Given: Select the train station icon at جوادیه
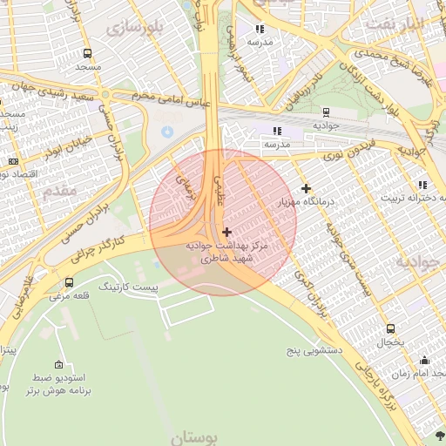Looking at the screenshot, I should pos(326,112).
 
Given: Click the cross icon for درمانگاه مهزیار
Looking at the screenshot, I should pos(306,188).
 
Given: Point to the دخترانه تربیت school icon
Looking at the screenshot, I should pos(422,185).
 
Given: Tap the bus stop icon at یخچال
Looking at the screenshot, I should pos(390,329).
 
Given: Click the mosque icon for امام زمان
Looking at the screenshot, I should pos(425,361).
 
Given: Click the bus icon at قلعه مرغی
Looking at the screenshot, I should pos(70,282).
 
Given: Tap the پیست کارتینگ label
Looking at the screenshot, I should pos(128,286).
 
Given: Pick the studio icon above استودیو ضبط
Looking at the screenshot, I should pos(58,364).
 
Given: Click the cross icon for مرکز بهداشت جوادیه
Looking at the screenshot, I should pos(227,232).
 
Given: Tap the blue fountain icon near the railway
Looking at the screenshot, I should pos(167,131).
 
